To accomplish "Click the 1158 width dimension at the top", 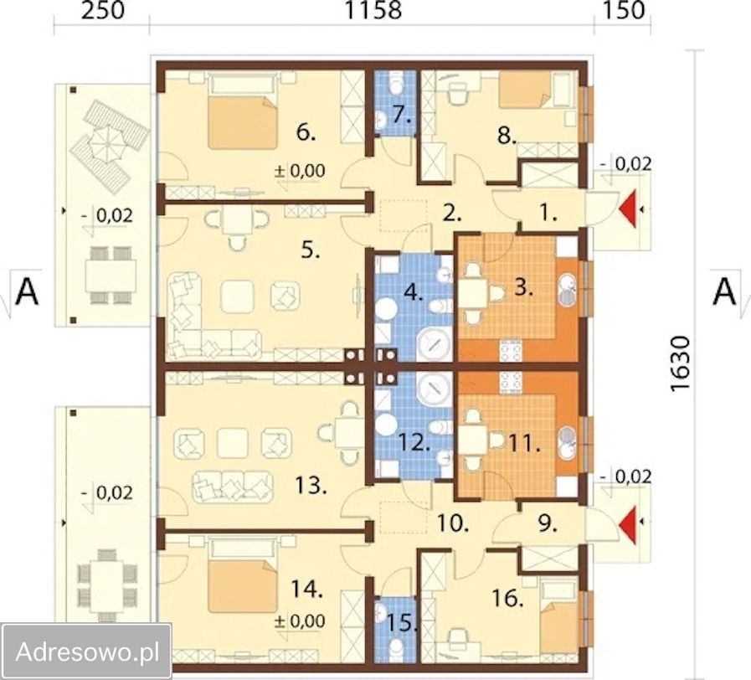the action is [373, 10].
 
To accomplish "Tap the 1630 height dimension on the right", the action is [680, 364].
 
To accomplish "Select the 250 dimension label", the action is [103, 10].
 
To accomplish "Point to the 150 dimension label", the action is [623, 10].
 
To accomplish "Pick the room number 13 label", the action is [311, 486].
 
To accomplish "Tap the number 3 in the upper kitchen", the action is [523, 288].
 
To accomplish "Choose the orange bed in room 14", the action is [243, 586].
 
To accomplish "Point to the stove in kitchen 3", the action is [511, 350].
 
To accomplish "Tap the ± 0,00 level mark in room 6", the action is [300, 170].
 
